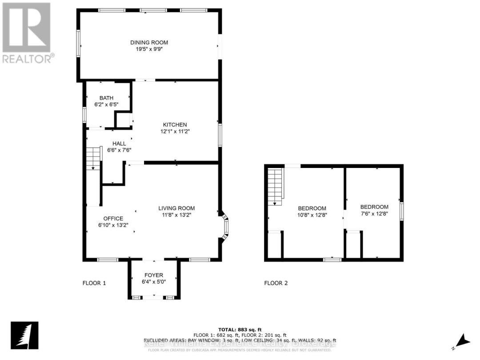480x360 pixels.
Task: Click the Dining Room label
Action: [149, 43]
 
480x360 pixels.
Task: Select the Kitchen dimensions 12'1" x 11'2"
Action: [174, 131]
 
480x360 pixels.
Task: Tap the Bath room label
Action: [106, 98]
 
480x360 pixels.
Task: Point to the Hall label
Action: [119, 144]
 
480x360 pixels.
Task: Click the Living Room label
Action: [176, 208]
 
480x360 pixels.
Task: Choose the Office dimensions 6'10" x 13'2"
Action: [113, 225]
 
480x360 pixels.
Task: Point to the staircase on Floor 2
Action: [276, 187]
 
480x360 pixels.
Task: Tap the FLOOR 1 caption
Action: [94, 283]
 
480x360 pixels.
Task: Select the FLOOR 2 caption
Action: [276, 283]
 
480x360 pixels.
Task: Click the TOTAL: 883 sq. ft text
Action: [240, 329]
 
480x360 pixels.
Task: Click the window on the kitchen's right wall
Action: [219, 135]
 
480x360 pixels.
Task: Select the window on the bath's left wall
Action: [84, 114]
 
